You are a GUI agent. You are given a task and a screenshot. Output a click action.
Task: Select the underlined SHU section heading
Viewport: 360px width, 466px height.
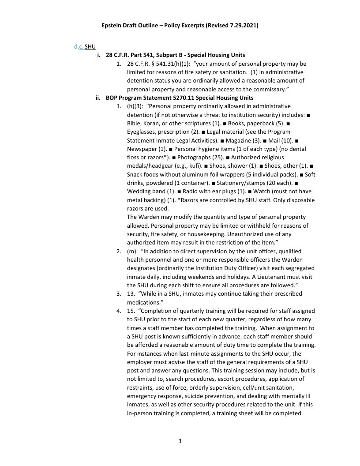(x=90, y=46)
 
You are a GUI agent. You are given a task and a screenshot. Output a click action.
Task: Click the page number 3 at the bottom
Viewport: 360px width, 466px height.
(x=180, y=441)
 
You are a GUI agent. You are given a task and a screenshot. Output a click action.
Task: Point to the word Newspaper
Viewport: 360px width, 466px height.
(x=142, y=149)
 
